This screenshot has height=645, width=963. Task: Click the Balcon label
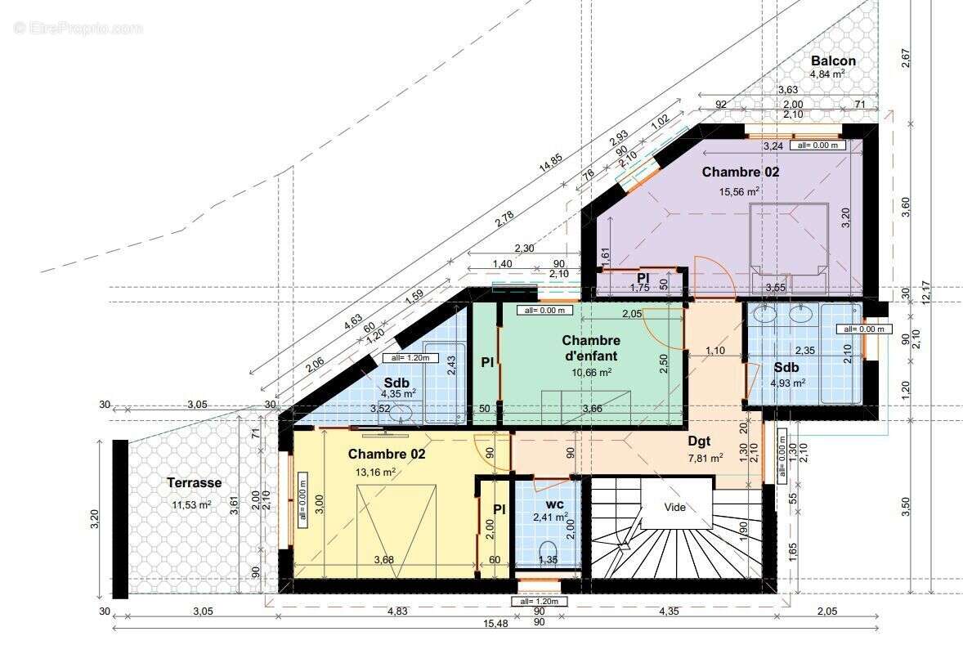[x=833, y=60]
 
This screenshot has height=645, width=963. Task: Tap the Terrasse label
[x=194, y=483]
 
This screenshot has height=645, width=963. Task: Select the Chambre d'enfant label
[x=591, y=347]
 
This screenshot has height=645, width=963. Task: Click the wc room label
[x=554, y=504]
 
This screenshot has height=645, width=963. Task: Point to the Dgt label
[x=699, y=441]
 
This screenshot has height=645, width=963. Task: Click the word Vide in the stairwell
[x=675, y=508]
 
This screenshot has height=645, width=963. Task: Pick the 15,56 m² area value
[x=740, y=191]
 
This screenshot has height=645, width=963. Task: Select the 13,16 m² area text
[x=375, y=472]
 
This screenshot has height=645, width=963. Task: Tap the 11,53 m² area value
[x=191, y=505]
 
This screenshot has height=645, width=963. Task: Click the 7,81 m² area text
[x=705, y=458]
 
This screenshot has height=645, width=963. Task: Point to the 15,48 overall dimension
[x=495, y=623]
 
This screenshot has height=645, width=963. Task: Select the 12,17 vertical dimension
[x=925, y=292]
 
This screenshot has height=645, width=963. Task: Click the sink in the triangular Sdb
[x=401, y=413]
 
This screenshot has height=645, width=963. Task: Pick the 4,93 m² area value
[x=788, y=383]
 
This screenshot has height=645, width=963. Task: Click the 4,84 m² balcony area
[x=827, y=74]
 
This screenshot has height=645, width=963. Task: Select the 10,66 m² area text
[x=591, y=372]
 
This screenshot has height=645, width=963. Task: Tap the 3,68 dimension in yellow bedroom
[x=384, y=560]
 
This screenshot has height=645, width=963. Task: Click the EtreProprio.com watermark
[x=78, y=29]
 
